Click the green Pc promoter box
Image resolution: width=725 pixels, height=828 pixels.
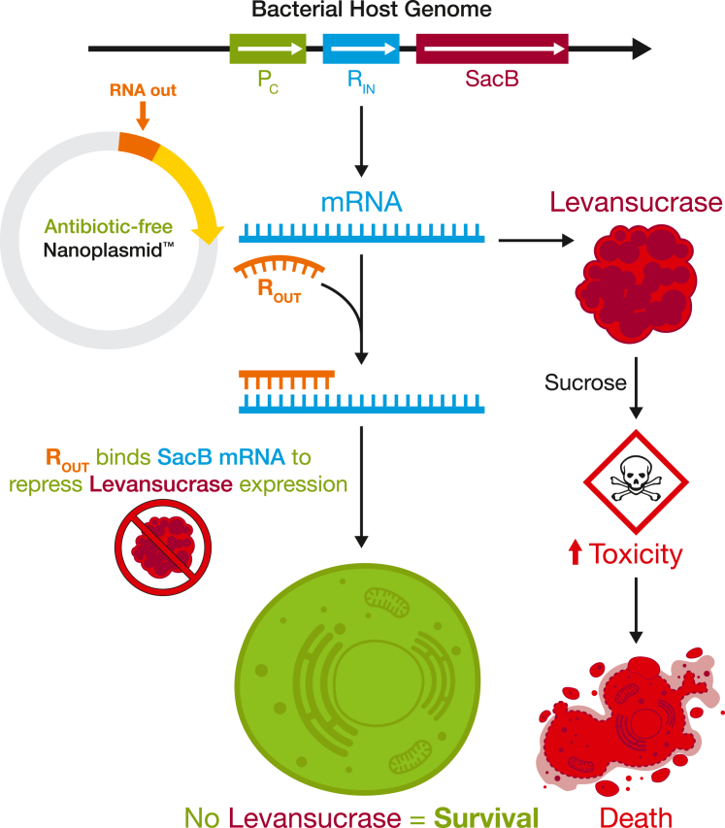click(268, 49)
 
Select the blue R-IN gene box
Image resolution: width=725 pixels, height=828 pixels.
click(361, 49)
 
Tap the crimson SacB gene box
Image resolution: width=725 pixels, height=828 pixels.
click(492, 49)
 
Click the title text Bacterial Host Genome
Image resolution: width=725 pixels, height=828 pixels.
click(371, 10)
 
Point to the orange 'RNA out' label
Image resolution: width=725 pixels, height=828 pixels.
click(143, 90)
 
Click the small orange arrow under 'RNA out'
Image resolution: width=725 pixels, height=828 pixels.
click(143, 116)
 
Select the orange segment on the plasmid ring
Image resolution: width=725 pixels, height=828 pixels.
click(139, 145)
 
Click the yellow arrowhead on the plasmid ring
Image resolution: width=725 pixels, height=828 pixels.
click(209, 233)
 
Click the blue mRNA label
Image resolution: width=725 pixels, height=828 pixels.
click(362, 202)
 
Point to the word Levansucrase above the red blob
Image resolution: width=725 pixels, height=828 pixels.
click(637, 202)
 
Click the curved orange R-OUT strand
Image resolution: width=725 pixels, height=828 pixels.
click(280, 267)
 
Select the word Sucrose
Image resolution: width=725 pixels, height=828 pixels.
click(585, 382)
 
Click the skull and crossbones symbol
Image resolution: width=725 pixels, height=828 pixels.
click(636, 479)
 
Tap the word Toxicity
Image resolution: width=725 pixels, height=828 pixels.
click(636, 554)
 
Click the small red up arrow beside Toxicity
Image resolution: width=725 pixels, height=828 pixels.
click(575, 552)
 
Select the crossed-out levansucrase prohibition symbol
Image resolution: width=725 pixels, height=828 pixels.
click(163, 547)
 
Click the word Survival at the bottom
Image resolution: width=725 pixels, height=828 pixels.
click(486, 817)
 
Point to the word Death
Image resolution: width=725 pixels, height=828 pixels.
click(636, 817)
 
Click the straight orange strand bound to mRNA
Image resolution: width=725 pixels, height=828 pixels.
click(286, 380)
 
